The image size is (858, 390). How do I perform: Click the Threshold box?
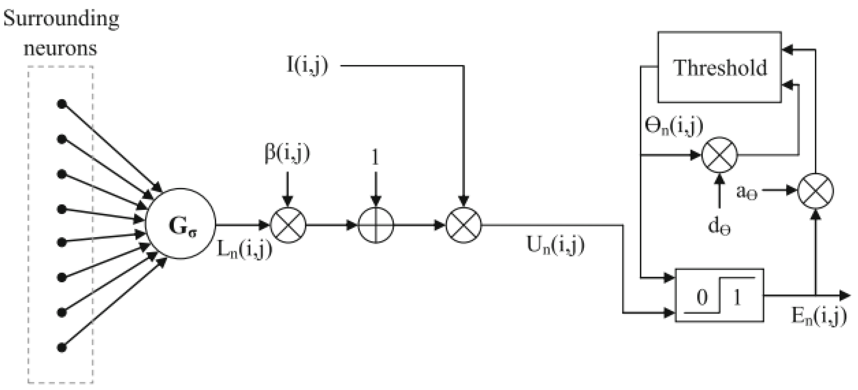(x=719, y=67)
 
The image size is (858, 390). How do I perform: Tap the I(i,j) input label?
(x=307, y=66)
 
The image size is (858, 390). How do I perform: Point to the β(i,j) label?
(x=287, y=153)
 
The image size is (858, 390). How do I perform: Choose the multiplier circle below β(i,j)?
(x=288, y=225)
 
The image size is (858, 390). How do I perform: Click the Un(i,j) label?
(x=555, y=246)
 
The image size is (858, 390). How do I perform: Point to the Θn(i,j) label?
(x=673, y=126)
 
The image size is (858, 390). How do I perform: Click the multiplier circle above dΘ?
(x=719, y=155)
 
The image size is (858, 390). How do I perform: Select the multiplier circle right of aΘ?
(x=816, y=191)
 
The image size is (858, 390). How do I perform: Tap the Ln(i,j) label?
(x=244, y=249)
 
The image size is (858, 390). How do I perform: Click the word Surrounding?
(x=61, y=19)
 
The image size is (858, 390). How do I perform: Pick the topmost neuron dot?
(x=62, y=104)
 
